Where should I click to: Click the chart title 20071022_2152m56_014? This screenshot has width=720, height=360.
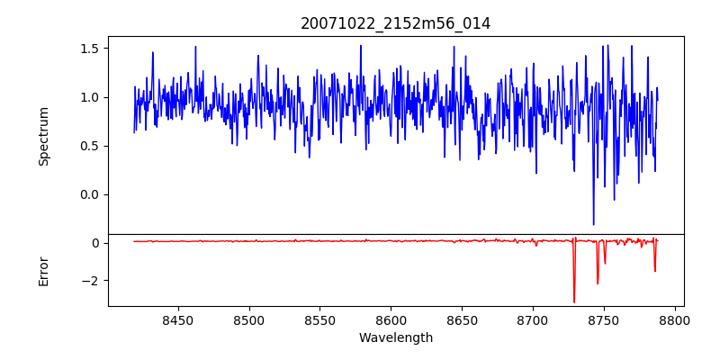396,23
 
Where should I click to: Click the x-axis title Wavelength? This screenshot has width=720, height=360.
396,337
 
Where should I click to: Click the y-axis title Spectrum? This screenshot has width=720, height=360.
43,136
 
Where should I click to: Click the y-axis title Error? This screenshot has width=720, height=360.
43,271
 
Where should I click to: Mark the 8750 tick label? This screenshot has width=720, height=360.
604,319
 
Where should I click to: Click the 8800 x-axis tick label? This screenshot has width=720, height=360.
674,319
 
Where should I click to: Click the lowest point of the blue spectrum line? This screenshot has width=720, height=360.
593,224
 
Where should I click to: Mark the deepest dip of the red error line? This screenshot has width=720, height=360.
574,302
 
